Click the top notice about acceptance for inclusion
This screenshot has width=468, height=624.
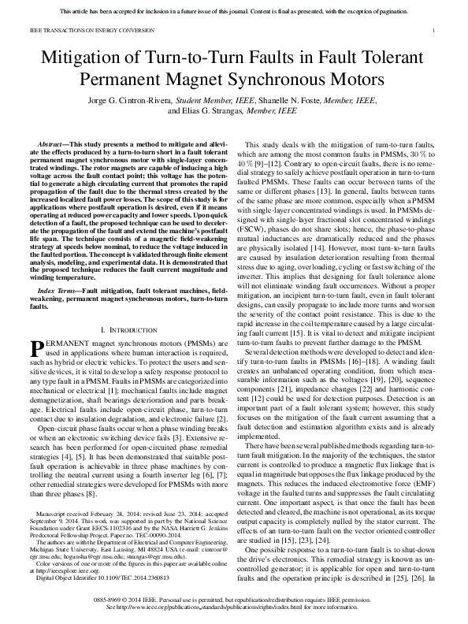(x=234, y=11)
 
